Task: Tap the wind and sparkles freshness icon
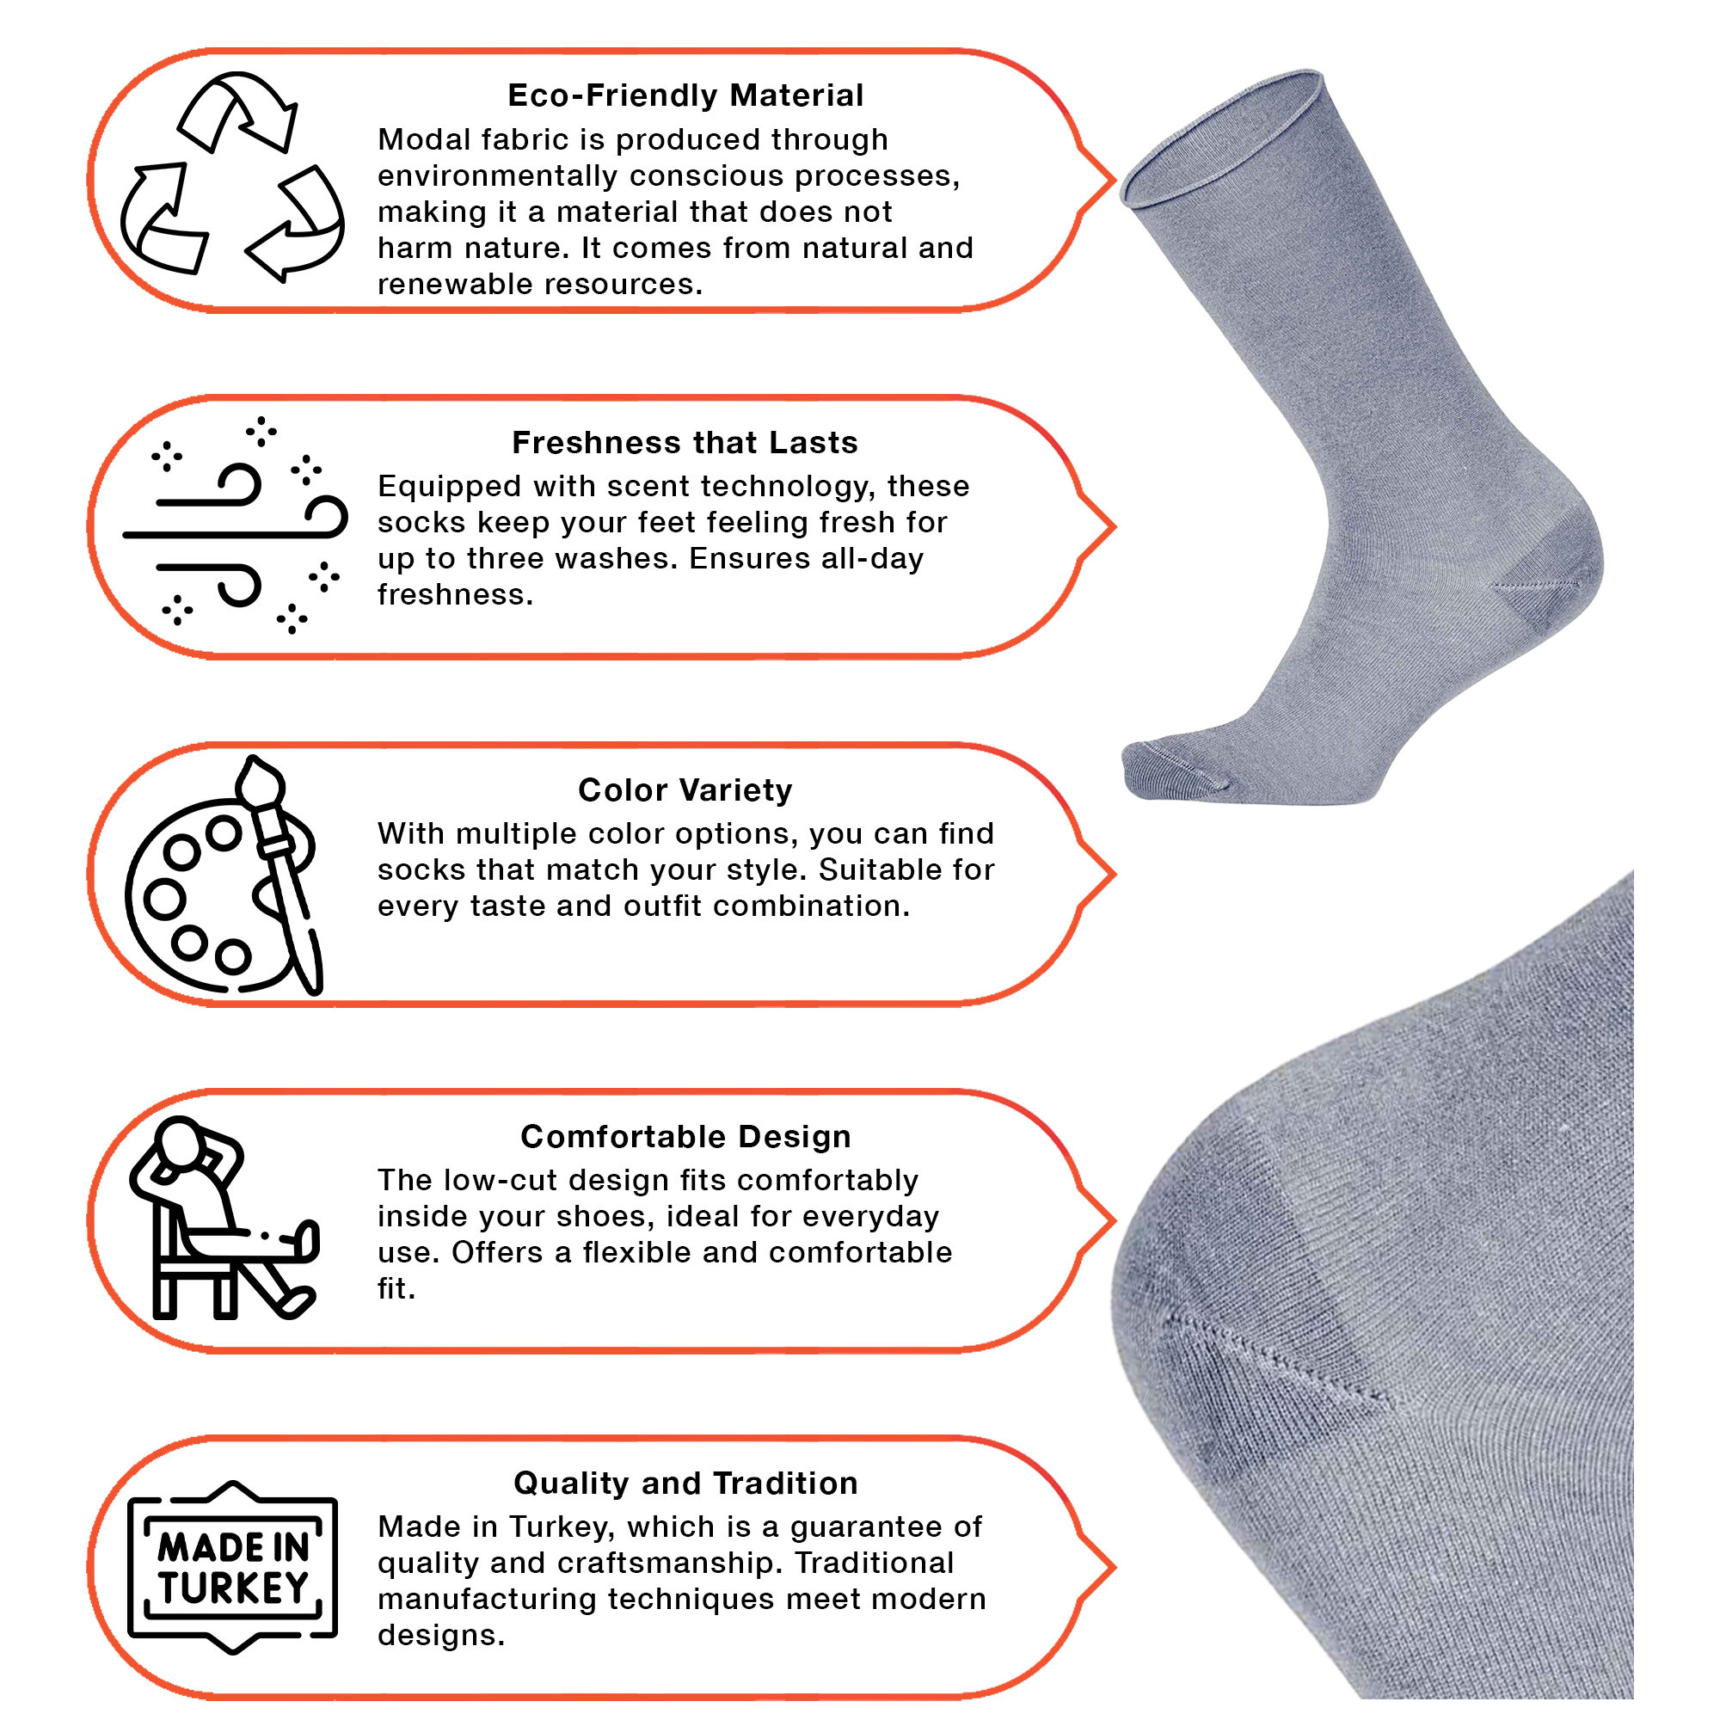235,525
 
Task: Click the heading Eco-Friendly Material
685,95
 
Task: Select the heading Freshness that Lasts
685,442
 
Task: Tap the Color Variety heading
685,789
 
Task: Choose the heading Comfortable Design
685,1137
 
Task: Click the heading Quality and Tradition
685,1483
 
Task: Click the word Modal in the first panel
423,140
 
